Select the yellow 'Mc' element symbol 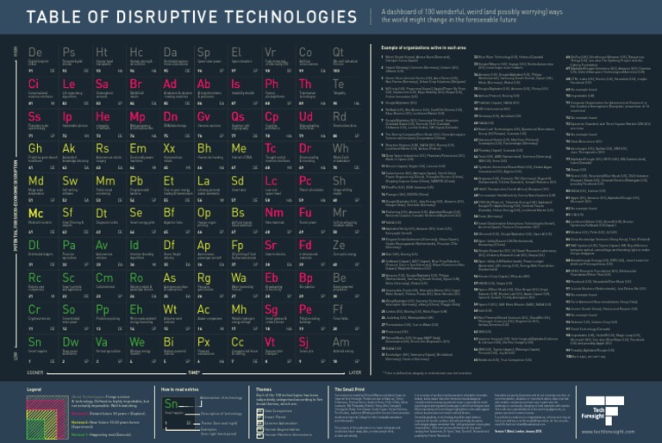35,213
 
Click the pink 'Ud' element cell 305,116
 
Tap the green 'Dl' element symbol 34,246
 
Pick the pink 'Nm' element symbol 272,213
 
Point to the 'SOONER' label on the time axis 36,372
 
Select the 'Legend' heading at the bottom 34,390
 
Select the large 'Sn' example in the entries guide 172,404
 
